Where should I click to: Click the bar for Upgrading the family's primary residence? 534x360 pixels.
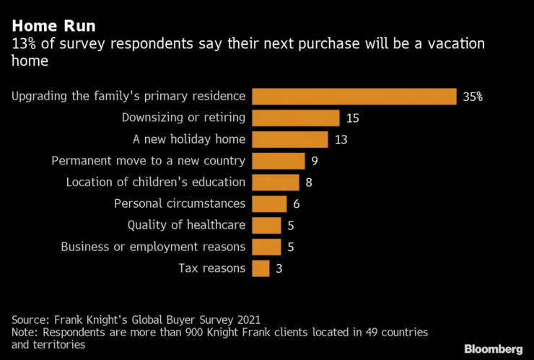click(x=354, y=96)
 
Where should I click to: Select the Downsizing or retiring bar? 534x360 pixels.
click(x=295, y=118)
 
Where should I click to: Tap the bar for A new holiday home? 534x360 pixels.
click(x=289, y=139)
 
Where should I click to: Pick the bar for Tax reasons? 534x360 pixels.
click(x=261, y=268)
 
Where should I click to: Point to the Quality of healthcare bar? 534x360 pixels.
click(x=266, y=225)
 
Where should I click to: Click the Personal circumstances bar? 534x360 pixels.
click(x=269, y=203)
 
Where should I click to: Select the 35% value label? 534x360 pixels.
click(x=473, y=97)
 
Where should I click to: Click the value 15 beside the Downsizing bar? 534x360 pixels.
click(x=353, y=118)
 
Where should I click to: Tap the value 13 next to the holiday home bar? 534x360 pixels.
click(x=341, y=139)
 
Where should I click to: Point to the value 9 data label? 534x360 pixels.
click(x=315, y=161)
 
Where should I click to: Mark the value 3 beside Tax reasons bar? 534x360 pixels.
click(x=279, y=268)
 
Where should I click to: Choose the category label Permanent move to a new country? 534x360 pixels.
click(x=149, y=161)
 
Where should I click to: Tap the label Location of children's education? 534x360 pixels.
click(x=155, y=183)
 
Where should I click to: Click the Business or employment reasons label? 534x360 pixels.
click(x=152, y=247)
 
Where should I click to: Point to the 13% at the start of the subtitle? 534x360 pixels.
click(x=23, y=45)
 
